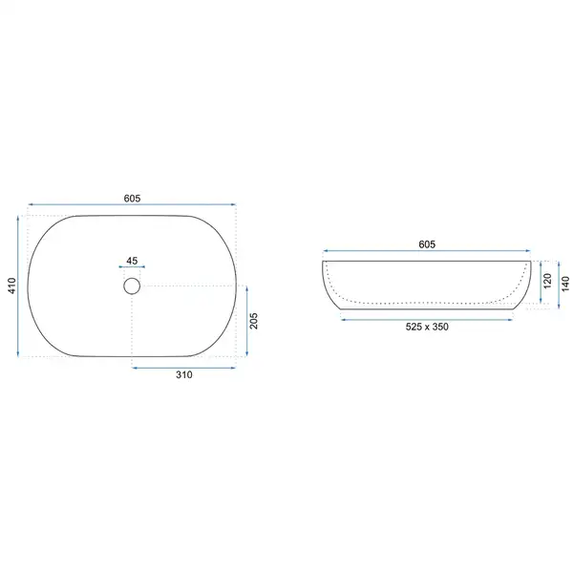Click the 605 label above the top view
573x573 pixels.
(x=132, y=199)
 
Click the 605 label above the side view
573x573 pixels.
(x=427, y=244)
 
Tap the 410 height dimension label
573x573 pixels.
(x=12, y=286)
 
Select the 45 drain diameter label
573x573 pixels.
(x=132, y=261)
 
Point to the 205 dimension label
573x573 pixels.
(x=254, y=321)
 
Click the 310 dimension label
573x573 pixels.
(x=183, y=374)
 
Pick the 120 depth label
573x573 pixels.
(x=547, y=281)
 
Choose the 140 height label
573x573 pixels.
(x=565, y=284)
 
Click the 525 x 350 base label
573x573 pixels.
(x=427, y=327)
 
